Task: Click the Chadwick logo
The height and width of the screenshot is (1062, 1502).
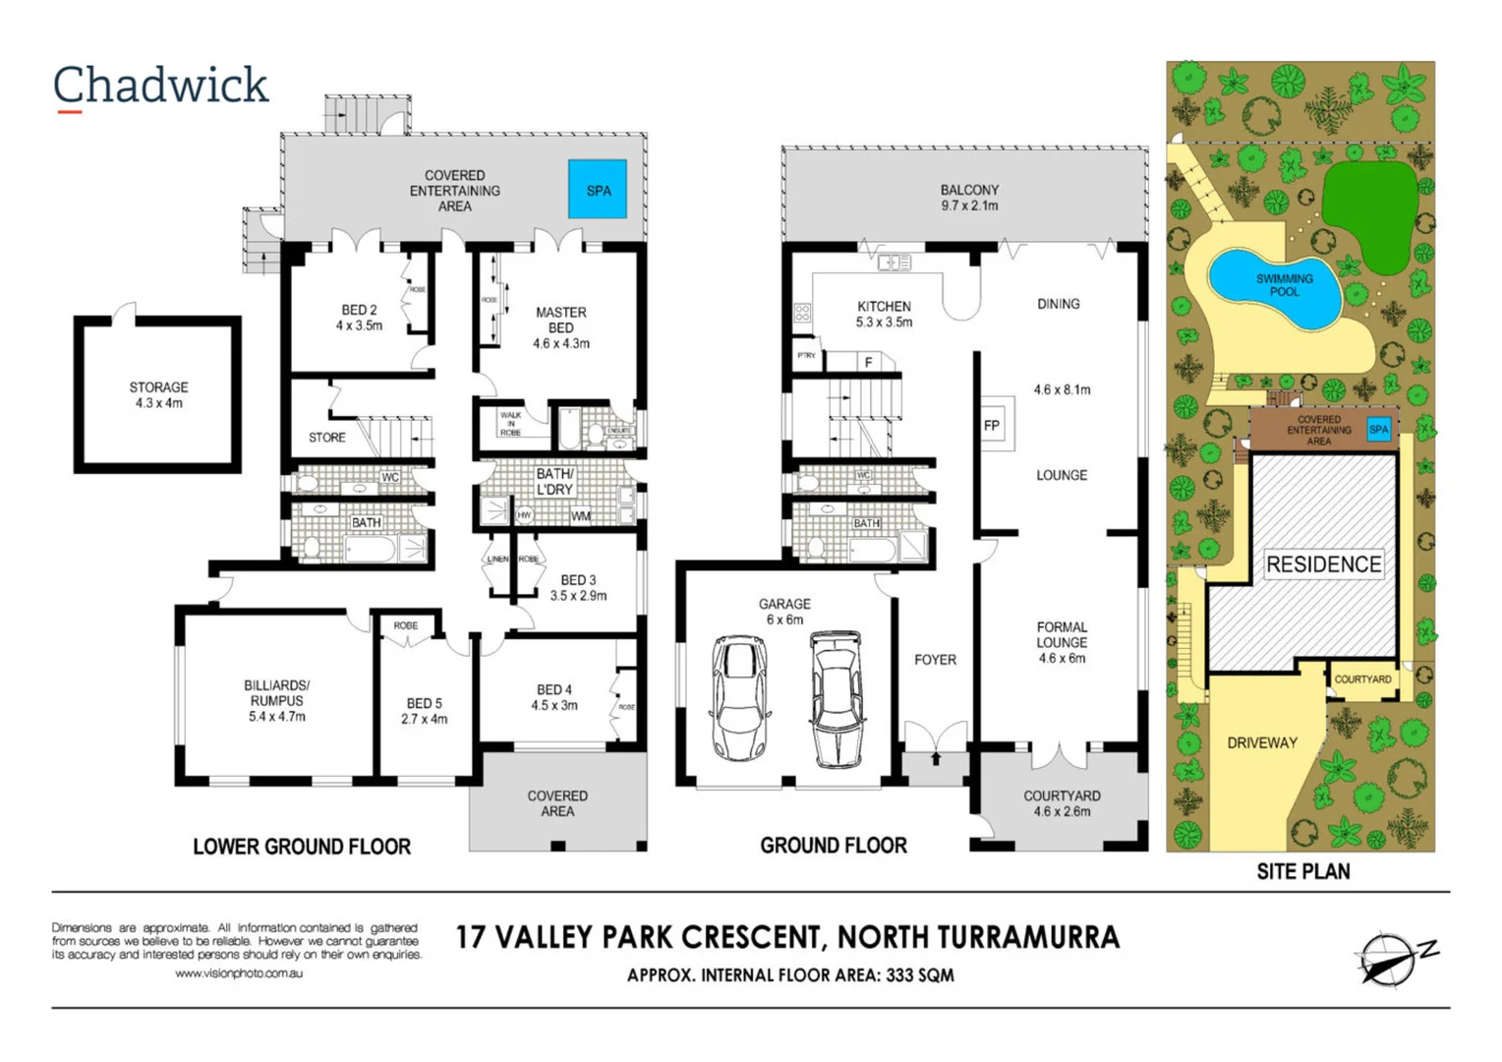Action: (160, 87)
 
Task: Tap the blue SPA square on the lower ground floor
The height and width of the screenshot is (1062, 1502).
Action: (598, 189)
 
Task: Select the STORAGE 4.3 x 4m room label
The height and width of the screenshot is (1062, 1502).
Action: (158, 394)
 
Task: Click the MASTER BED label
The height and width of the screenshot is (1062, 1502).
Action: (560, 327)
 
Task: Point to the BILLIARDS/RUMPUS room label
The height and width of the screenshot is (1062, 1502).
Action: (276, 700)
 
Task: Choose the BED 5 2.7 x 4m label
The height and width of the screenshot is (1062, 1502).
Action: (425, 711)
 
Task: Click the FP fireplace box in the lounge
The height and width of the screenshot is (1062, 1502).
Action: (992, 426)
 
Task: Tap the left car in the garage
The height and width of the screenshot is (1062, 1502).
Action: (740, 697)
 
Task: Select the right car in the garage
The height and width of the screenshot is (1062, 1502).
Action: (837, 699)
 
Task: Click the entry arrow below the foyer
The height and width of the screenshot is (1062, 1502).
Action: (936, 758)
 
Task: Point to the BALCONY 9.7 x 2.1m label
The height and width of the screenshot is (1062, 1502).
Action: (969, 198)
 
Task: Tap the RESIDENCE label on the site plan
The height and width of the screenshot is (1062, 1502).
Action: (1323, 564)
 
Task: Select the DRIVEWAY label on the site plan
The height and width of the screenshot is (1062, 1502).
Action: (1262, 742)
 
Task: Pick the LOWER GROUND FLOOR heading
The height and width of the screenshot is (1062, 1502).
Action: (302, 847)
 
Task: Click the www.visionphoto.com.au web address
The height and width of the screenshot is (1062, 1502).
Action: (239, 973)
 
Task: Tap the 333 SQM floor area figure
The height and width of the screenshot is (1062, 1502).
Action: (919, 975)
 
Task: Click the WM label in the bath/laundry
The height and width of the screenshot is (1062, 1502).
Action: (581, 516)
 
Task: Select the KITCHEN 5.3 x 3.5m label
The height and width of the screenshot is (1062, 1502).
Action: (884, 314)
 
